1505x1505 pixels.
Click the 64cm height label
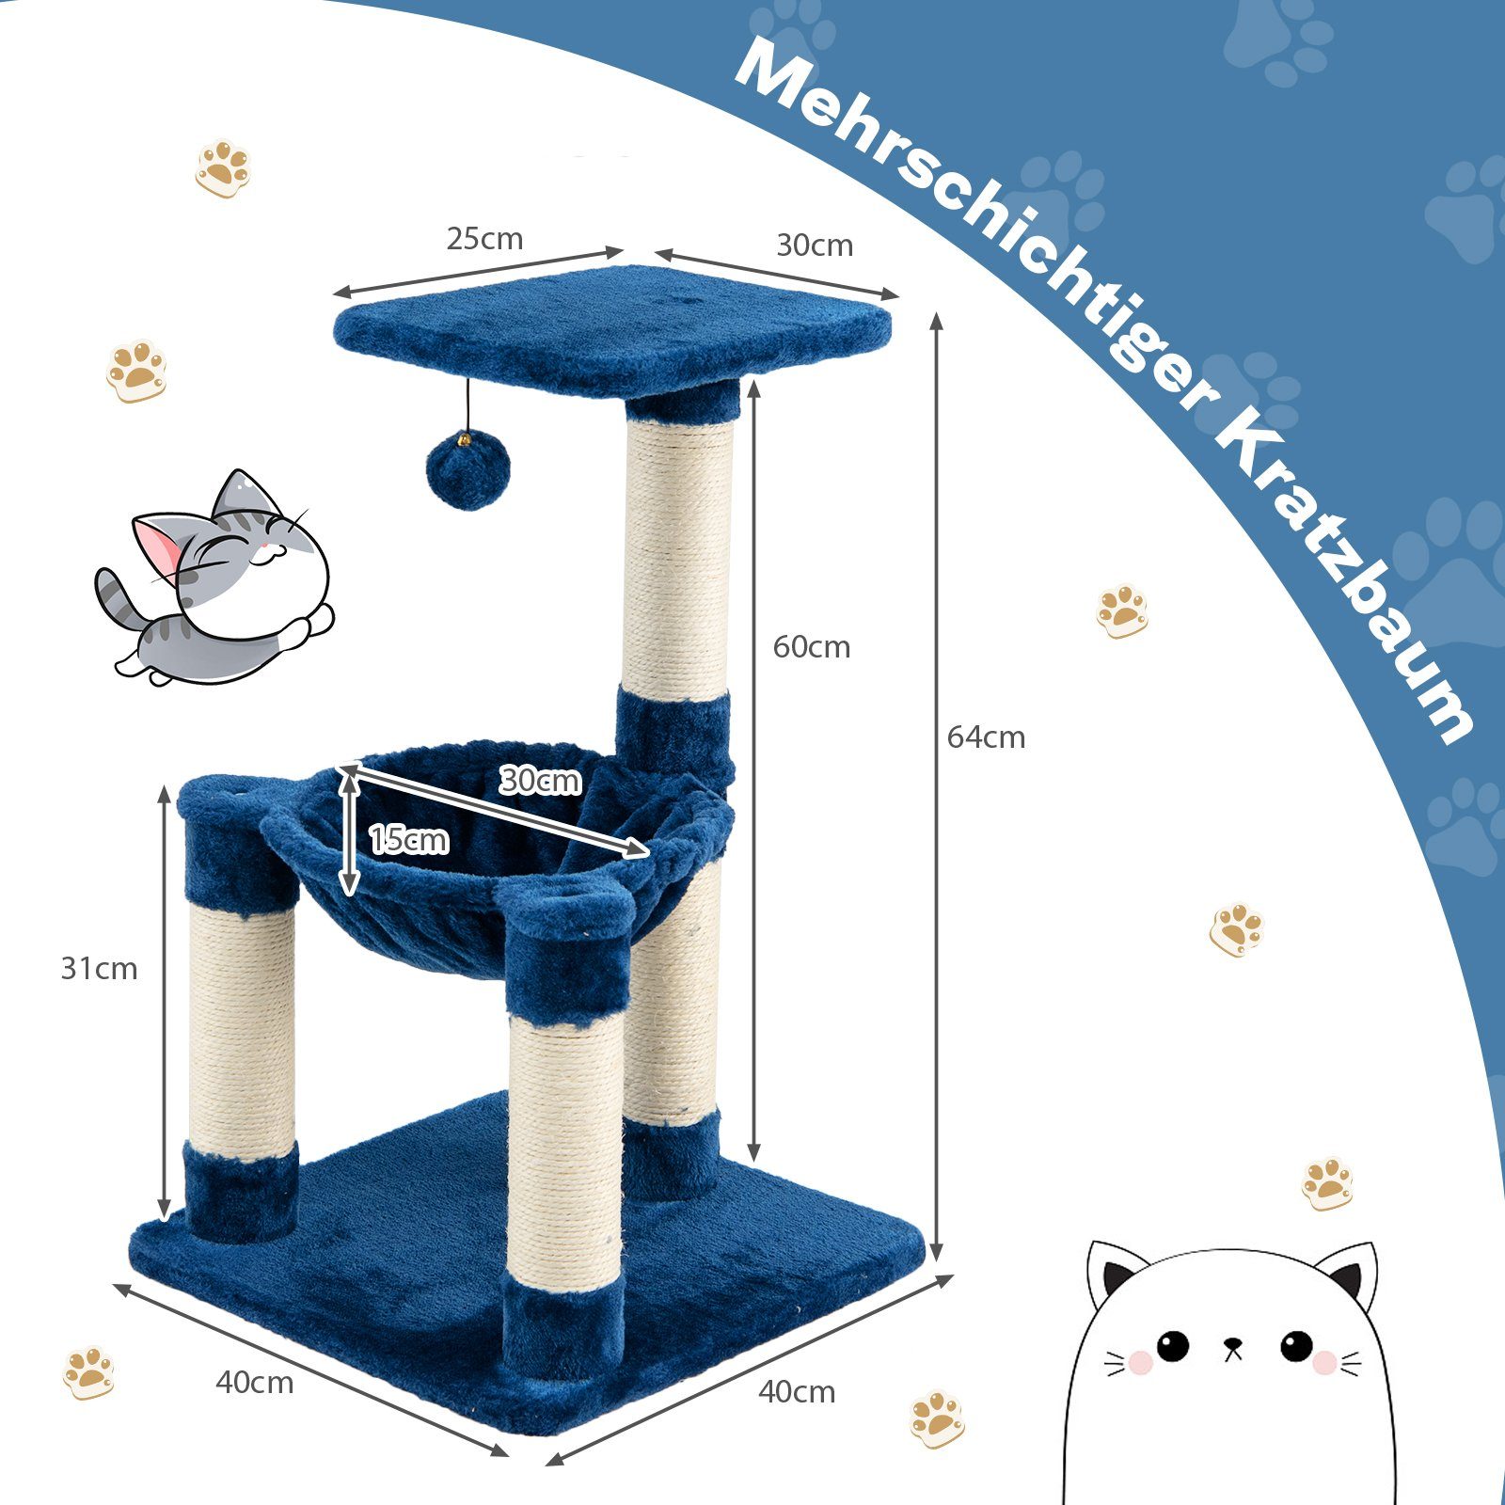(986, 737)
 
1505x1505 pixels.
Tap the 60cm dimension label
(812, 647)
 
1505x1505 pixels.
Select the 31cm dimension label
(99, 969)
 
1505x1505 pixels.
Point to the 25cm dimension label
(484, 239)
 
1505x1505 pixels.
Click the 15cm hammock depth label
(409, 839)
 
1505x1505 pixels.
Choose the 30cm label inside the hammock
(540, 780)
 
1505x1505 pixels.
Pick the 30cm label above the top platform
(815, 246)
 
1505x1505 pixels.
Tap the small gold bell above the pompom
(465, 438)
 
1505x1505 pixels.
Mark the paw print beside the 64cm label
(1121, 611)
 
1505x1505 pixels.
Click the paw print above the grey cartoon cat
(138, 371)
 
